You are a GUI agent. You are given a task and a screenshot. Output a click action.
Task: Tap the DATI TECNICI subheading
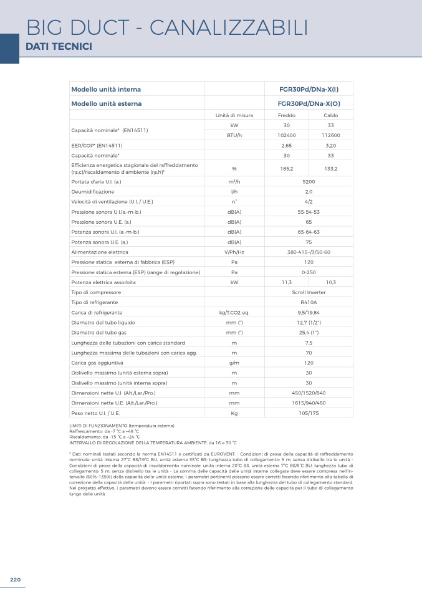click(x=59, y=47)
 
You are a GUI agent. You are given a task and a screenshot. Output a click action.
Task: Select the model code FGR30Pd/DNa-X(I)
click(x=309, y=89)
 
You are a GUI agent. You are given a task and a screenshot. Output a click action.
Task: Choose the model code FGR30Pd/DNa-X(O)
click(x=309, y=103)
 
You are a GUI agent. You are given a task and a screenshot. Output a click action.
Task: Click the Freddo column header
click(x=287, y=115)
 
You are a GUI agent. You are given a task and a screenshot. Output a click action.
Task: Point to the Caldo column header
click(x=331, y=115)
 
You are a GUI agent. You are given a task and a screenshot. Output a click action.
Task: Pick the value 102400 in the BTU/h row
click(x=287, y=135)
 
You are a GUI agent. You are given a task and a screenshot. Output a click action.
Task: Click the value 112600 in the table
click(x=331, y=135)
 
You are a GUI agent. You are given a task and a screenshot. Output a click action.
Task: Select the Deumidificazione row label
click(x=93, y=192)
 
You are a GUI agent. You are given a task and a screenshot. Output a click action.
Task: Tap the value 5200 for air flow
click(x=309, y=182)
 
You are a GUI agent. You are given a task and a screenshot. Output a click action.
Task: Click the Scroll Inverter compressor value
click(x=309, y=292)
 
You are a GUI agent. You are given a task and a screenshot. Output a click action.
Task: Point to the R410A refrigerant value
click(x=309, y=302)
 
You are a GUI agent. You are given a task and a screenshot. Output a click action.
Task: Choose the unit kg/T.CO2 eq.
click(x=234, y=312)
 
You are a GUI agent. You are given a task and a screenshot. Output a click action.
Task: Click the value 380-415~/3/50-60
click(x=309, y=252)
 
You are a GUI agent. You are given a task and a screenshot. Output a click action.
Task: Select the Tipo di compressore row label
click(x=96, y=292)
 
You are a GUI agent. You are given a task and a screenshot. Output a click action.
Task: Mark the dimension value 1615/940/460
click(x=309, y=403)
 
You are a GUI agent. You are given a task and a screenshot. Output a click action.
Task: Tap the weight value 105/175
click(x=309, y=413)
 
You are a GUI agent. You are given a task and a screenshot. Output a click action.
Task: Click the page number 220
click(x=15, y=580)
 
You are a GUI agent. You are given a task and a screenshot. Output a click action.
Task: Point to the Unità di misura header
click(x=234, y=115)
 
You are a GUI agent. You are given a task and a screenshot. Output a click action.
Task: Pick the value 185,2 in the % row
click(x=287, y=168)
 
